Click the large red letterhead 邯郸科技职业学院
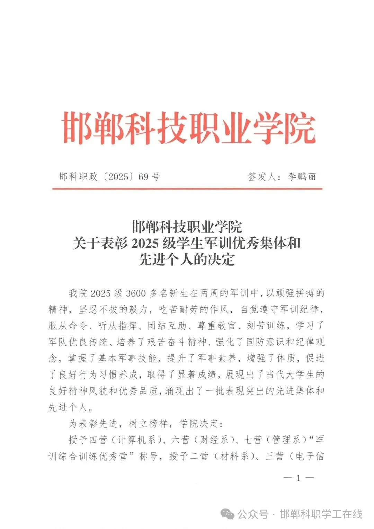189,129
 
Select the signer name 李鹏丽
302,177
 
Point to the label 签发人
262,177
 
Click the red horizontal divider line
187,189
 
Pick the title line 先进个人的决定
187,259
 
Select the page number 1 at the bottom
298,478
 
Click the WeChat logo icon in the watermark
228,514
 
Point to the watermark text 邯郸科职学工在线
321,514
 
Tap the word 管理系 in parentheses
286,440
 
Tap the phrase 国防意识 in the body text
265,342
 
